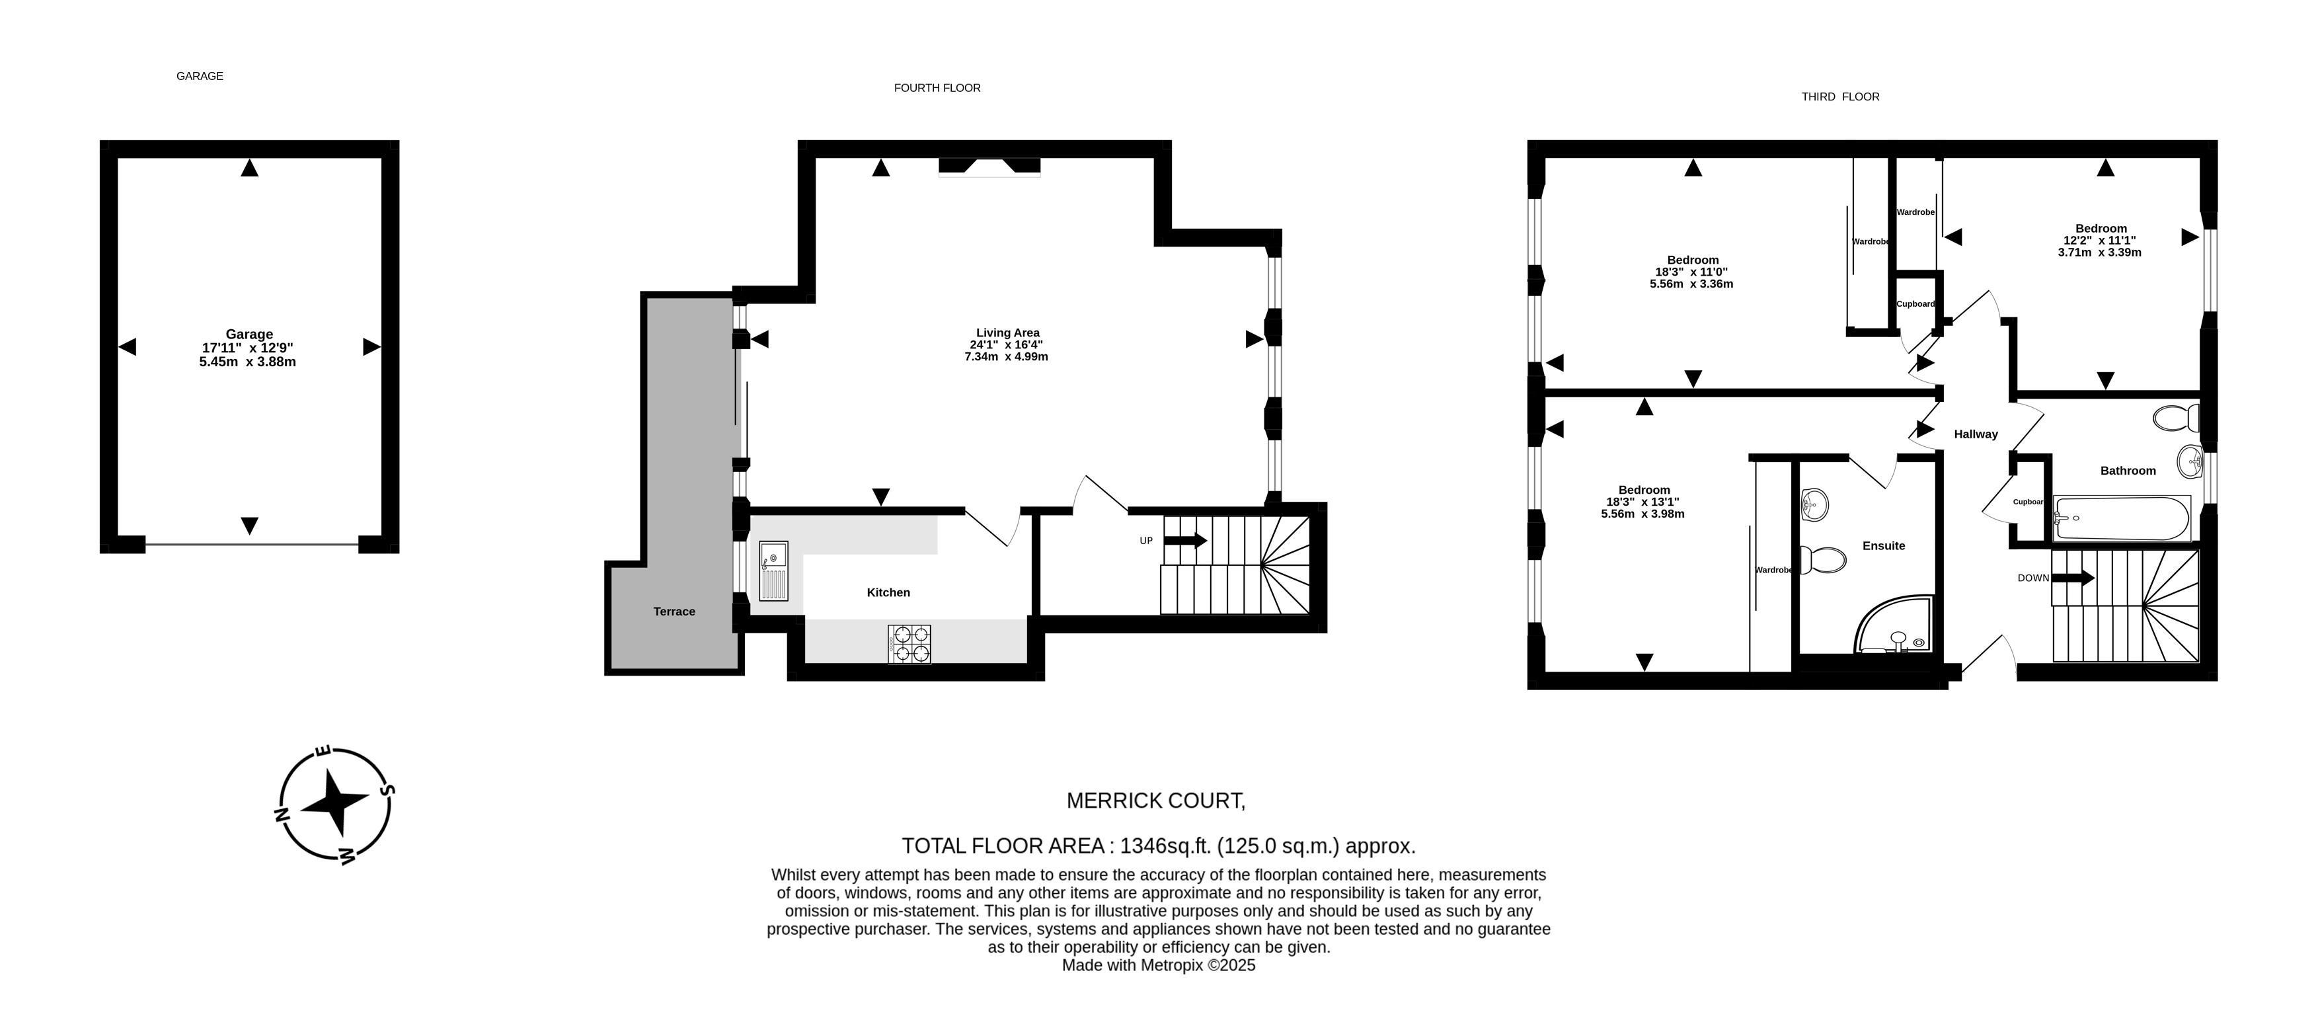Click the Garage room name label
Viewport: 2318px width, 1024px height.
tap(249, 334)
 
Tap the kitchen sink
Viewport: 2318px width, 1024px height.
tap(773, 571)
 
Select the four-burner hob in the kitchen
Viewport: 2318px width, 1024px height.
tap(909, 645)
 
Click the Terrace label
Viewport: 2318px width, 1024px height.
tap(674, 611)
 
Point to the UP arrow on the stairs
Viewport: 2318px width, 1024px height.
tap(1185, 541)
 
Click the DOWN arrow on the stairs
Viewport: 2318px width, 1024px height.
tap(2072, 578)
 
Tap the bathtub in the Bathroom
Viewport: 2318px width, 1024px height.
tap(2122, 518)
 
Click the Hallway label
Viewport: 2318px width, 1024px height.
tap(1976, 434)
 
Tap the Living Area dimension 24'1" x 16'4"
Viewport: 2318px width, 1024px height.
tap(1006, 344)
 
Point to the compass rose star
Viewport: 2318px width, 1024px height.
tap(334, 802)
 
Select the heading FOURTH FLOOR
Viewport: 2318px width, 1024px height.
tap(937, 88)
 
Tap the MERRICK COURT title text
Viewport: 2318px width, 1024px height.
tap(1155, 800)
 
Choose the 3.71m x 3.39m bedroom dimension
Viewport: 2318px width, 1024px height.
tap(2099, 252)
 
